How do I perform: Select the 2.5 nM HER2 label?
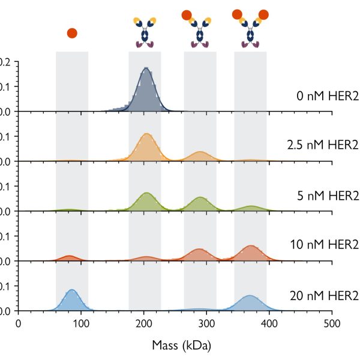click(322, 145)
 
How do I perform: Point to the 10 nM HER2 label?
click(323, 246)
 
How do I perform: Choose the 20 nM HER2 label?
click(323, 296)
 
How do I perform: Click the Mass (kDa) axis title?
click(173, 346)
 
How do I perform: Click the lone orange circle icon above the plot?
click(72, 33)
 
